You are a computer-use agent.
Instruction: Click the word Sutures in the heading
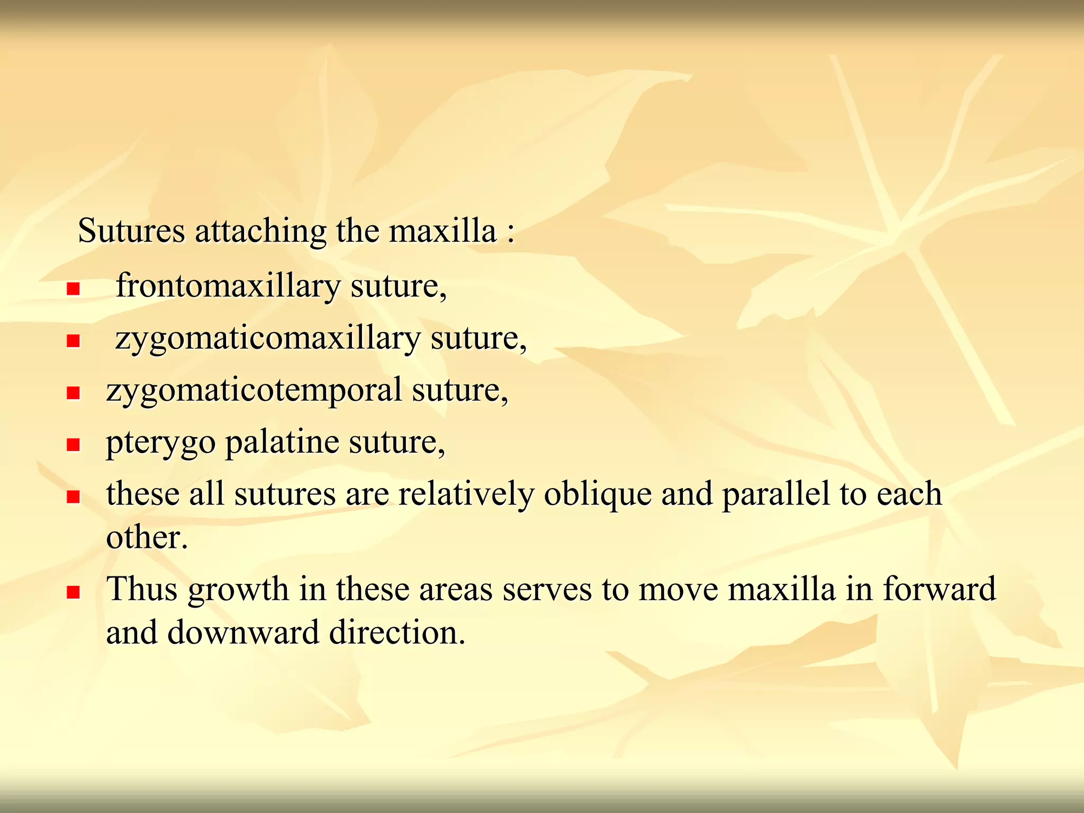(x=131, y=231)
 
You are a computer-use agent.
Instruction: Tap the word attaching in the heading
(x=260, y=231)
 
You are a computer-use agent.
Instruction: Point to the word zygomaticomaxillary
(x=267, y=339)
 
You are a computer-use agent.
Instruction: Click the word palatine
(x=282, y=442)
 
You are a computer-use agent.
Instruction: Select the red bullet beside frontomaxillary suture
(x=73, y=288)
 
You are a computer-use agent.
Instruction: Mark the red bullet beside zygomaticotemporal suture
(x=73, y=393)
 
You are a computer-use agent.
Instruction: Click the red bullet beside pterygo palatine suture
(x=73, y=445)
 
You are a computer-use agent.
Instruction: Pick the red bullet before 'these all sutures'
(x=73, y=496)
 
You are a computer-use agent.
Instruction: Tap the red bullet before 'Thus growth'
(x=73, y=591)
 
